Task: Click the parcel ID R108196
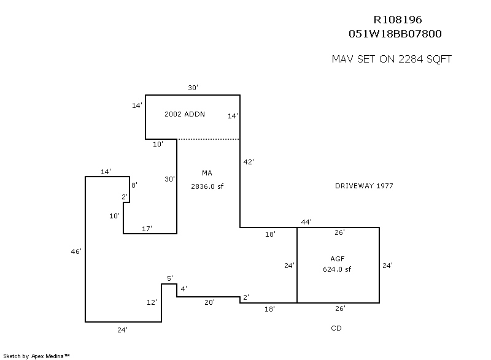coord(398,20)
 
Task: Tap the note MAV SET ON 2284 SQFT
coord(392,59)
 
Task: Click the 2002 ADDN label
coord(185,114)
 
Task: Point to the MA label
coord(206,174)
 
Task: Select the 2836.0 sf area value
coord(207,186)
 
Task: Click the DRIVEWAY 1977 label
coord(364,186)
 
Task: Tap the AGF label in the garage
coord(338,258)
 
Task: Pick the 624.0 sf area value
coord(338,269)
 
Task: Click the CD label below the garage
coord(336,328)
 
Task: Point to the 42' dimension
coord(249,162)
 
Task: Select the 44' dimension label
coord(306,221)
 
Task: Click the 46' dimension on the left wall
coord(76,251)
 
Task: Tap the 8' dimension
coord(134,184)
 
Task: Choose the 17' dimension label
coord(147,228)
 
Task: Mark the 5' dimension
coord(170,278)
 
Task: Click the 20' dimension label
coord(209,302)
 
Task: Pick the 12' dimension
coord(152,302)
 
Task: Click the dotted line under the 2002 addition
coord(208,139)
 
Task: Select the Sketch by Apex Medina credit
coord(37,355)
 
